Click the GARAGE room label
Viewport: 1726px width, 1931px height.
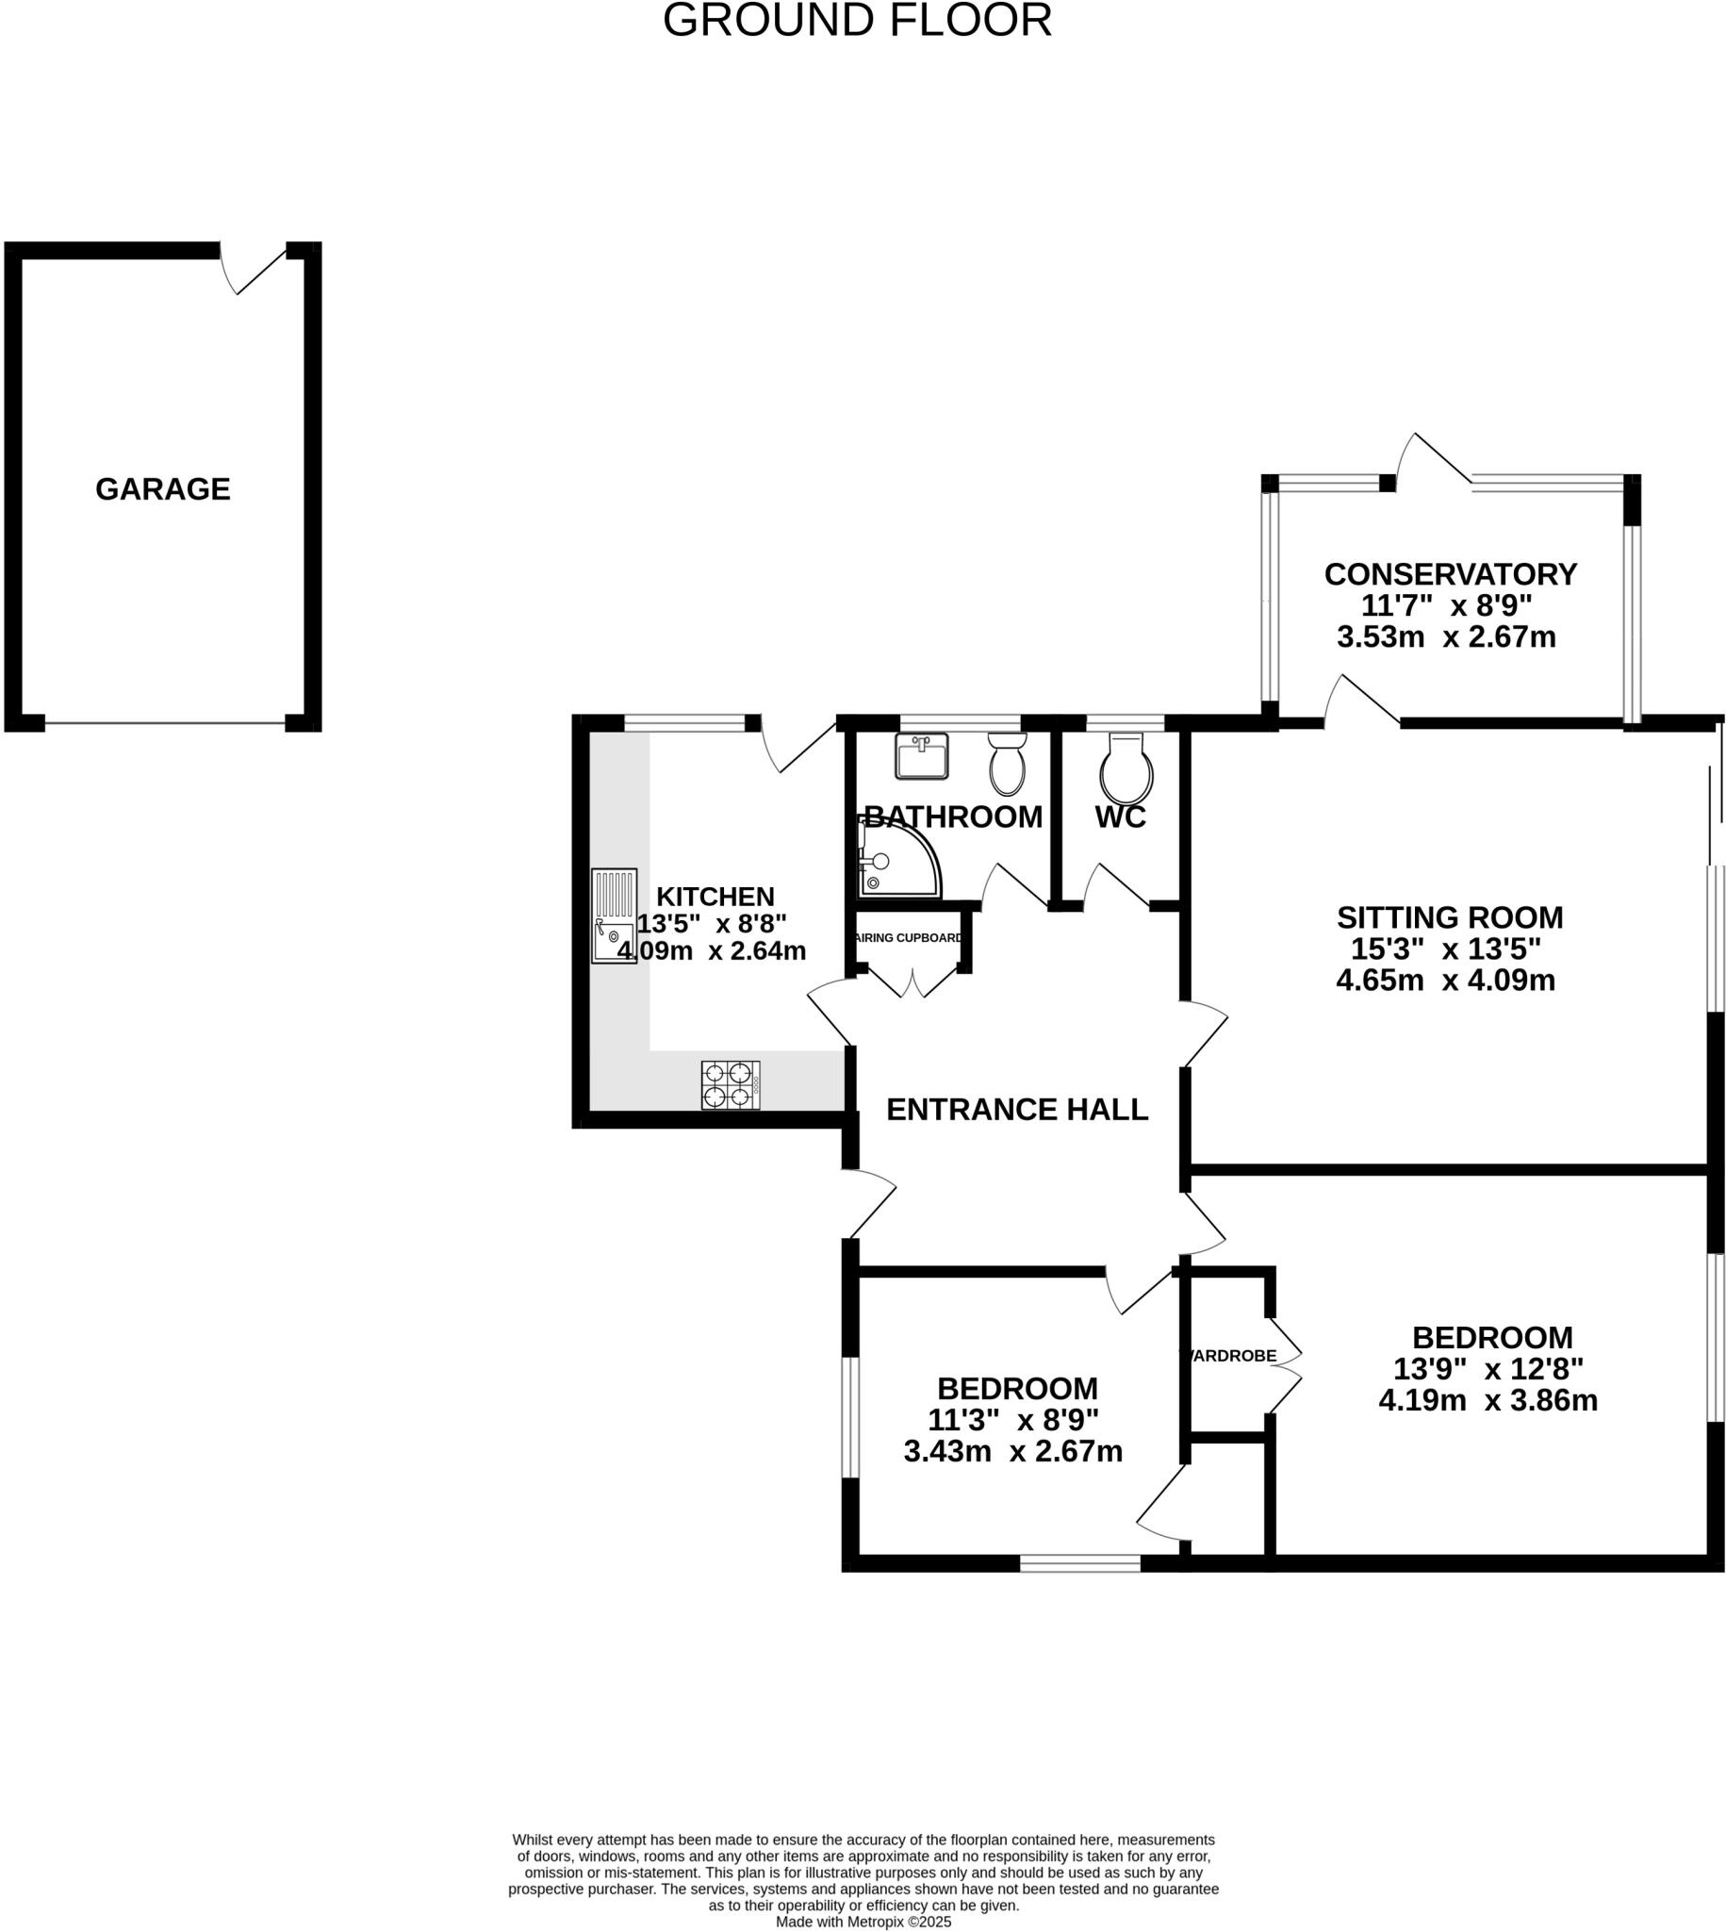(163, 488)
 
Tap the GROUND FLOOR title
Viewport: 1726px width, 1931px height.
(857, 21)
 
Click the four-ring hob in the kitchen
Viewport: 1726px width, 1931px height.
(731, 1085)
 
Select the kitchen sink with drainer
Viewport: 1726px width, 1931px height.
(614, 916)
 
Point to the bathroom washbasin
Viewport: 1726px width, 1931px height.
(921, 756)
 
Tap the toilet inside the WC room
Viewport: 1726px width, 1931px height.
(1126, 770)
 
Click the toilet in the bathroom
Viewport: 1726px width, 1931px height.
(1007, 765)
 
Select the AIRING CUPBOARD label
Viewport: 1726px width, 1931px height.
(909, 938)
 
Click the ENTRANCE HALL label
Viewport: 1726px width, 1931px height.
(1016, 1109)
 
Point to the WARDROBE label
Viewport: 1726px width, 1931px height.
(1229, 1355)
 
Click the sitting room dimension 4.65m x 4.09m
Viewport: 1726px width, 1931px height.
(1445, 980)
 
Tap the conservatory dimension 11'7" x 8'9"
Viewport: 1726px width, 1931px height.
(1446, 605)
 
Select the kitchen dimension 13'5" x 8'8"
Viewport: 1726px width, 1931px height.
(712, 923)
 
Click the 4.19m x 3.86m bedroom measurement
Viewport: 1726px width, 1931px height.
(1488, 1400)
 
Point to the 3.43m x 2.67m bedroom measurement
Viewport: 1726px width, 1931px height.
(1012, 1451)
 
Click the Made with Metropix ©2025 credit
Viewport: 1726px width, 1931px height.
(863, 1922)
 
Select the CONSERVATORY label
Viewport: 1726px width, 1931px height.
(1450, 574)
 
